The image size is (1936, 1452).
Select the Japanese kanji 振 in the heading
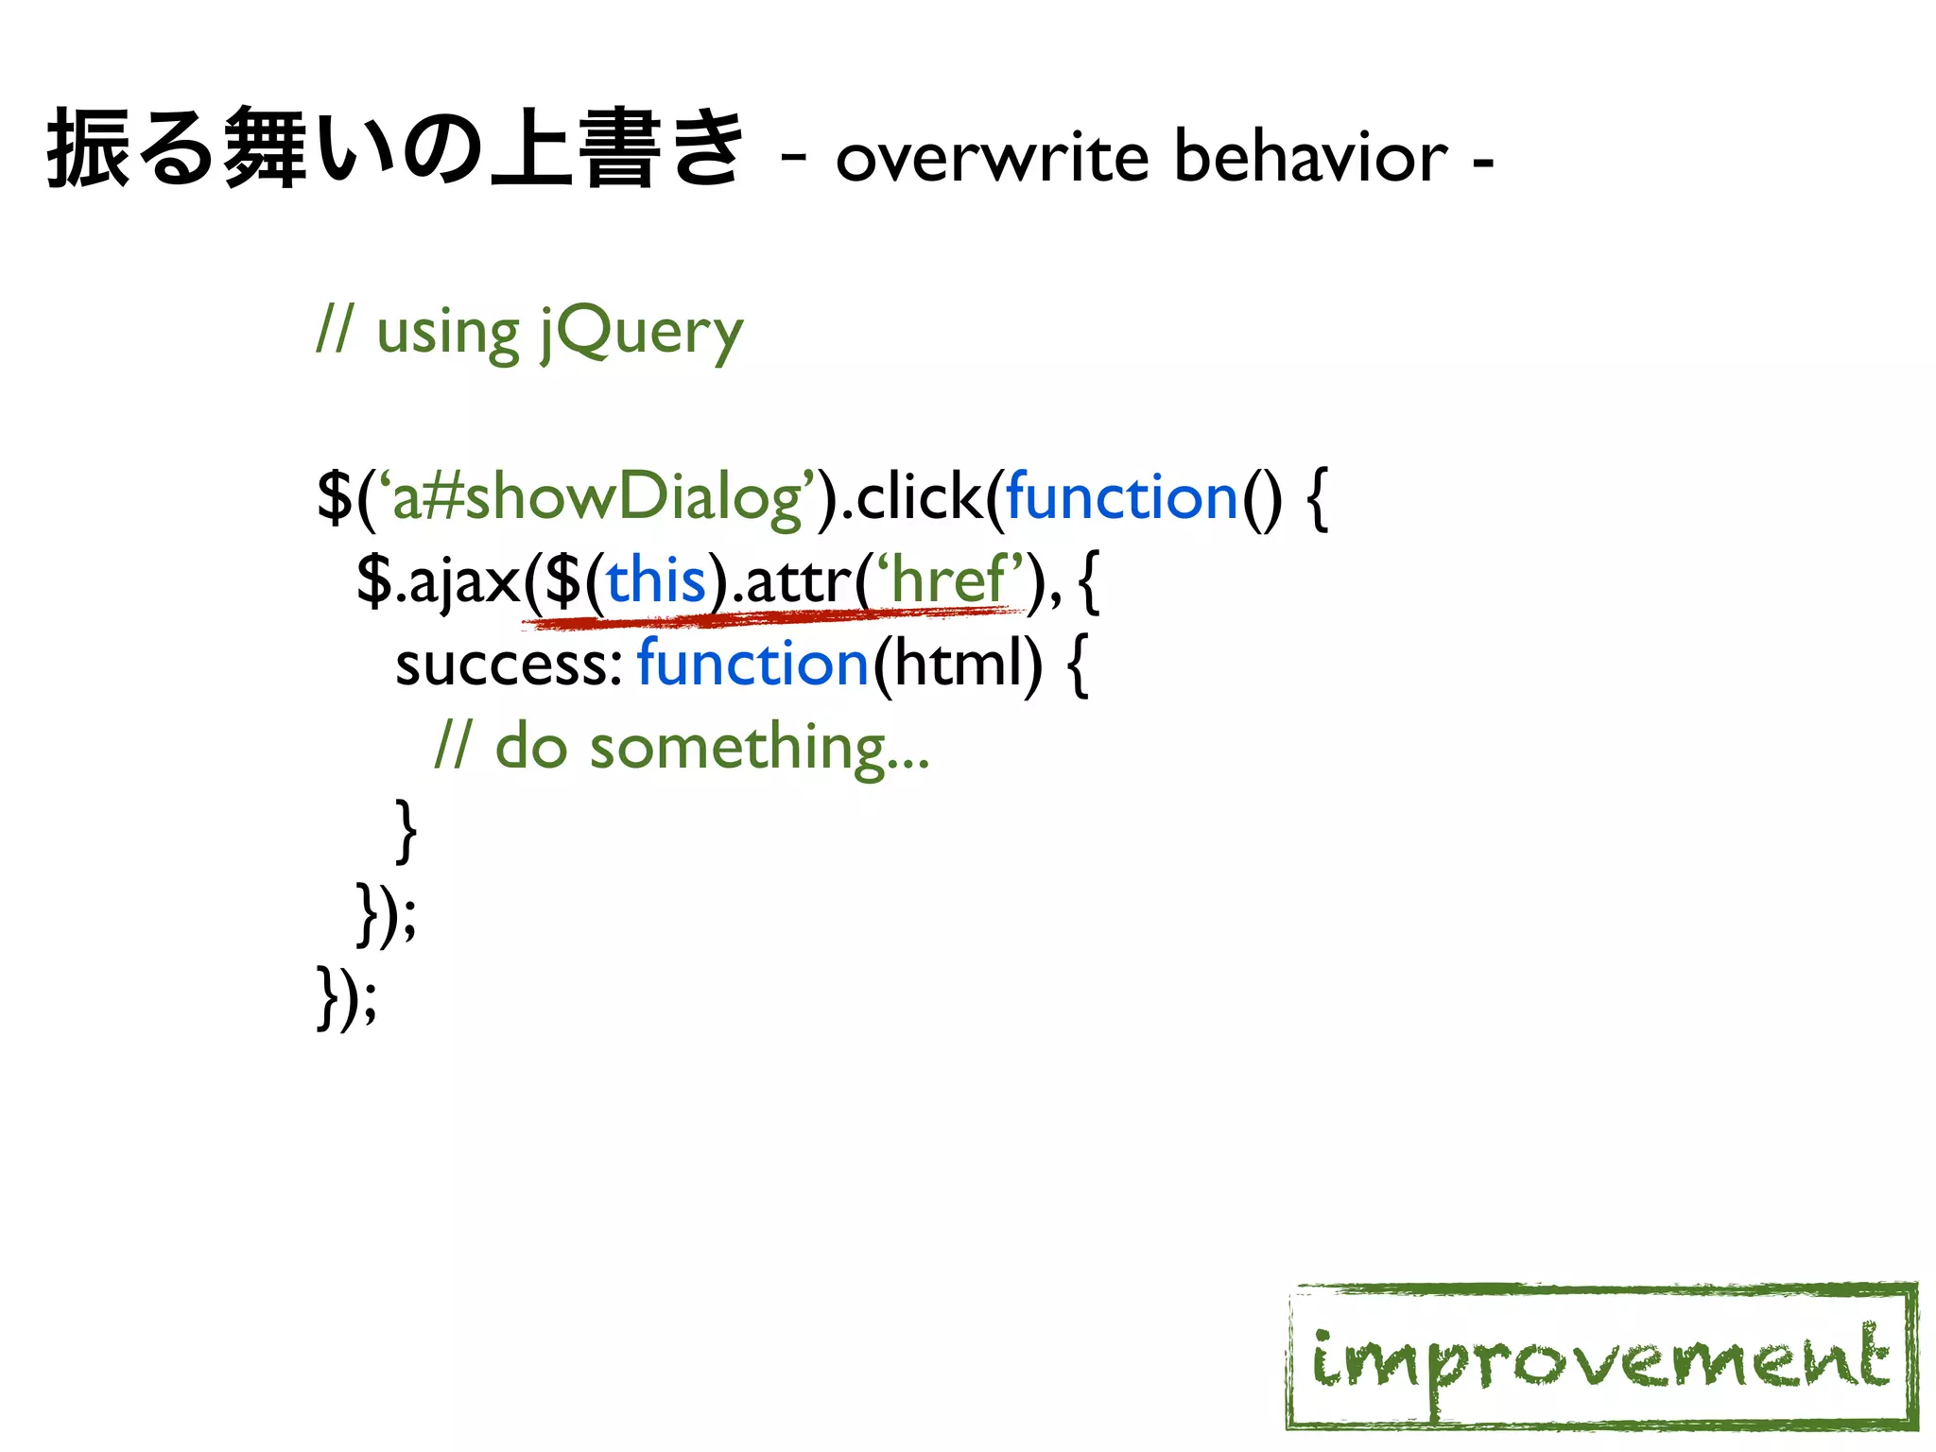(87, 148)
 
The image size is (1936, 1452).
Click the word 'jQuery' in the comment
(642, 333)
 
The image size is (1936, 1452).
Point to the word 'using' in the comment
(447, 333)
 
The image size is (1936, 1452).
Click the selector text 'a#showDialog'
(596, 497)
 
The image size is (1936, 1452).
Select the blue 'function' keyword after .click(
(1121, 497)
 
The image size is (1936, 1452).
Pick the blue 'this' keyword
(656, 580)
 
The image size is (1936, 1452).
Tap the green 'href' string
(949, 580)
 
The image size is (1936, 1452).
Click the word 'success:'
(508, 664)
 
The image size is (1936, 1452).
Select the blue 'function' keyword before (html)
(752, 664)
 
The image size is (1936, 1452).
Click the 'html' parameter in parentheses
(957, 664)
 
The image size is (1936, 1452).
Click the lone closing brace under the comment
(406, 830)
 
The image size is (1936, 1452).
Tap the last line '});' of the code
(347, 996)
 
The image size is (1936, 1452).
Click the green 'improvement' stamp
(1601, 1357)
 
